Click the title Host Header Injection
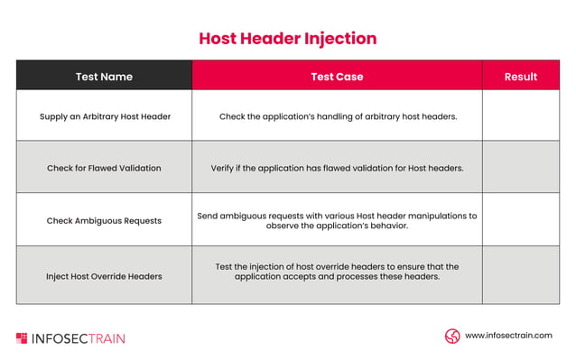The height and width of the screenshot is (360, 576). coord(287,39)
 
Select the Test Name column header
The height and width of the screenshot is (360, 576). coord(104,77)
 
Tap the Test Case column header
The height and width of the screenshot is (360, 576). coord(337,77)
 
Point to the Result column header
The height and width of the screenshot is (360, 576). coord(520,77)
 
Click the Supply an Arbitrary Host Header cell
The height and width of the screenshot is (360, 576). coord(105,116)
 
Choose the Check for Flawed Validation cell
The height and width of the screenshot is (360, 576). coord(105,168)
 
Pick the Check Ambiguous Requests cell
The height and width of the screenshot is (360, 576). coord(105,221)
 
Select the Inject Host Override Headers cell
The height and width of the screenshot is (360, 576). coord(105,275)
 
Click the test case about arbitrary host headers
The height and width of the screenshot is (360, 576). coord(337,116)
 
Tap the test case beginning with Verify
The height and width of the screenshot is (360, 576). coord(337,168)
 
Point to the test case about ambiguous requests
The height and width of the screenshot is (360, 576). coord(337,221)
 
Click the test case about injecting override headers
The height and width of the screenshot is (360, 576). coord(337,272)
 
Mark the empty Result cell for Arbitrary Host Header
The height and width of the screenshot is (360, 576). coord(520,115)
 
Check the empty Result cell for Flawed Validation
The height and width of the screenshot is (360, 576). coord(520,167)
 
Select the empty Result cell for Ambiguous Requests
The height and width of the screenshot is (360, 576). coord(520,220)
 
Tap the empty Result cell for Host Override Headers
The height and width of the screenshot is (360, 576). coord(520,275)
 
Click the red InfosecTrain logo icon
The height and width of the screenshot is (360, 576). coord(22,338)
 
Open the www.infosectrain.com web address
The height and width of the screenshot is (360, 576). coord(508,336)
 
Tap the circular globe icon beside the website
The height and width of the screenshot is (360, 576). coord(452,336)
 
